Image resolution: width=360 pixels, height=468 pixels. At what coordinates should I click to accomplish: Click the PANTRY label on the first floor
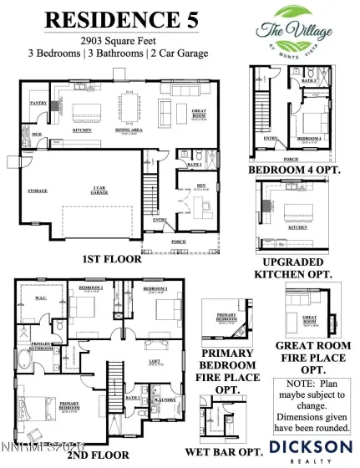click(38, 104)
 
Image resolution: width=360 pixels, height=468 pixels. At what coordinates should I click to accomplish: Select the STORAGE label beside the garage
click(38, 191)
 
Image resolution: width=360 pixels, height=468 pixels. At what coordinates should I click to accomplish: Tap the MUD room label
click(37, 134)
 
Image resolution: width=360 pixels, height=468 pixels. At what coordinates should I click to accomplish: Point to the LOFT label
click(156, 362)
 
